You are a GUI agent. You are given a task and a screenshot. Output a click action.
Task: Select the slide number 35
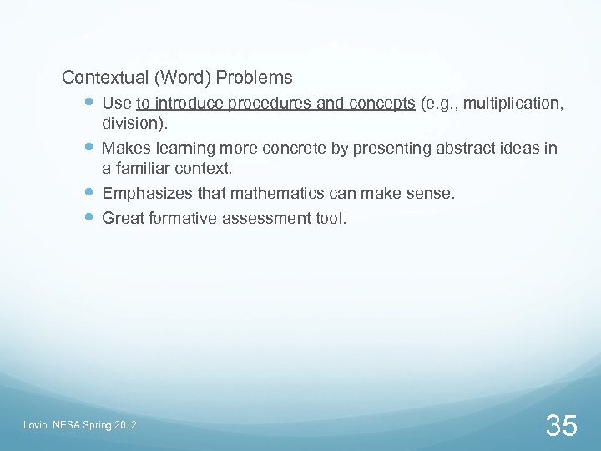[561, 425]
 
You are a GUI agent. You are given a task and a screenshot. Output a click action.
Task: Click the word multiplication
[513, 104]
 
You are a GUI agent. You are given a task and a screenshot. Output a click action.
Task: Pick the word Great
[122, 219]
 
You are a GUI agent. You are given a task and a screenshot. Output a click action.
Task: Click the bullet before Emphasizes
[90, 194]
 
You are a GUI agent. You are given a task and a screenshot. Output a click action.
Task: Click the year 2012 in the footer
[124, 427]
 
